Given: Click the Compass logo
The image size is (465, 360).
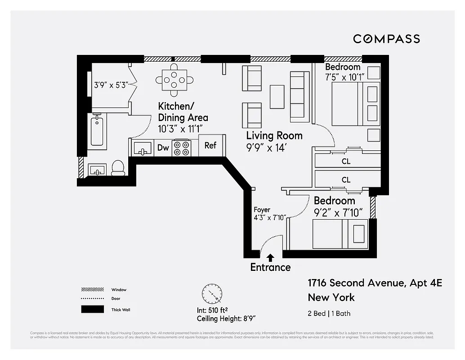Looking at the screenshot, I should coord(386,39).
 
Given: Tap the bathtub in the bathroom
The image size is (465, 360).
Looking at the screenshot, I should coord(98,131).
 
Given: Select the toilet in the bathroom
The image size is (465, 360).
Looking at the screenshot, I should coord(118,167).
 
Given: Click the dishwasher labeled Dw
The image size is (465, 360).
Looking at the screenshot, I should coord(163,148).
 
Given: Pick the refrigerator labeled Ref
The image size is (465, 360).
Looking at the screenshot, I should coord(210,145).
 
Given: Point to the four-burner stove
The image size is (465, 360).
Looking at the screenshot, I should coord(182,148).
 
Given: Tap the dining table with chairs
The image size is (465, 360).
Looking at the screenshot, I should coord(174,80).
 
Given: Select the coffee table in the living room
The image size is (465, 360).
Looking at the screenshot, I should coord(277,96).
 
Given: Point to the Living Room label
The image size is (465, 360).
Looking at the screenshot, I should coord(274,135).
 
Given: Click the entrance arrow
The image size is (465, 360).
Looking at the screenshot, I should coord(270,257).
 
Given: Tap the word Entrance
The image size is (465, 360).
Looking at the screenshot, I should coord(270,267).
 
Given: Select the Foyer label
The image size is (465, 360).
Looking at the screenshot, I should coord(262,210).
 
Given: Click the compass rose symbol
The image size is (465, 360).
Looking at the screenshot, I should coord(212,295).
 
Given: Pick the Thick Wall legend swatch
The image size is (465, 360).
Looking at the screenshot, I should coord(92,310).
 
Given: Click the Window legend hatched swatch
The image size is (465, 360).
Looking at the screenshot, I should coord(92,290).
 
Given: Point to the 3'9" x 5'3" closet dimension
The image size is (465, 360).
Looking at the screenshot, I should coord(111,84).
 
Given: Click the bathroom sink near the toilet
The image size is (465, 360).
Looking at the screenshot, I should coord(97,170).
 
